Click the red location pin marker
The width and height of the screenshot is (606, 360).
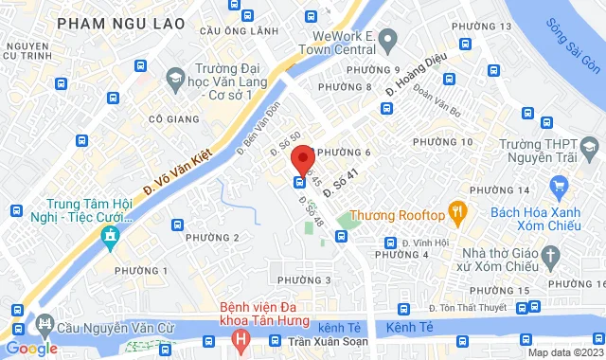pyautogui.click(x=301, y=157)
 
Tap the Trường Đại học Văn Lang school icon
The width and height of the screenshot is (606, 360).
pyautogui.click(x=174, y=77)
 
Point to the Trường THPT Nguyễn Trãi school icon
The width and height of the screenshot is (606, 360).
pyautogui.click(x=589, y=149)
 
